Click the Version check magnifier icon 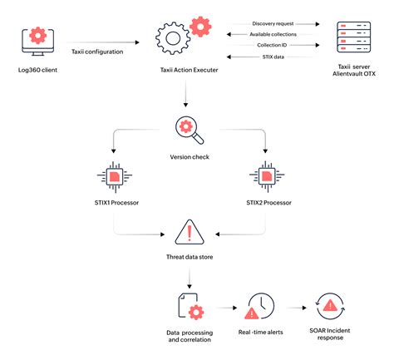187,130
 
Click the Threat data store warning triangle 189,232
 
